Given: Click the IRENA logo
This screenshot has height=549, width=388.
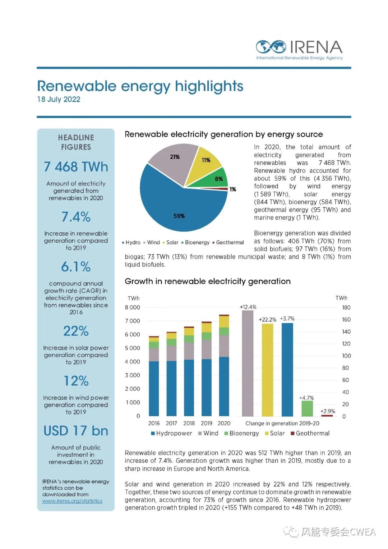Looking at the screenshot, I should pyautogui.click(x=299, y=50).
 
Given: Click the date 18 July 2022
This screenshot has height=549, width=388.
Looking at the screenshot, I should pyautogui.click(x=59, y=100).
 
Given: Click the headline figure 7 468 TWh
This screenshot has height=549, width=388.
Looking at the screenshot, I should pyautogui.click(x=76, y=167).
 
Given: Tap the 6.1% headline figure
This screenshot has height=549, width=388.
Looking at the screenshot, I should pyautogui.click(x=76, y=267).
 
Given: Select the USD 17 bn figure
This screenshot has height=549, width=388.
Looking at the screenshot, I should pyautogui.click(x=76, y=431).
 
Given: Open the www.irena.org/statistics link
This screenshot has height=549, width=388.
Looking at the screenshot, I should pyautogui.click(x=72, y=501).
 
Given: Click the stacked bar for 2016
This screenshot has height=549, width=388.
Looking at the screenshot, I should pyautogui.click(x=154, y=378).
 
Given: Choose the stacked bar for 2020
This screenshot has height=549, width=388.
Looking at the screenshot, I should pyautogui.click(x=224, y=367).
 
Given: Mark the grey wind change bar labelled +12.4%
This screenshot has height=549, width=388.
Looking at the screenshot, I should pyautogui.click(x=248, y=363).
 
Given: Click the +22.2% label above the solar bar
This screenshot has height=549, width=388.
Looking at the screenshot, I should pyautogui.click(x=267, y=319).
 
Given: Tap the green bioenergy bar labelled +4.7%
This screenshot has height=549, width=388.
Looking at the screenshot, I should pyautogui.click(x=307, y=408).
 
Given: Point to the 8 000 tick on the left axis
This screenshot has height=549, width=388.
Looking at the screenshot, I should pyautogui.click(x=133, y=307).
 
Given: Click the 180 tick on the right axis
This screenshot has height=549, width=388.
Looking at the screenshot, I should pyautogui.click(x=346, y=307).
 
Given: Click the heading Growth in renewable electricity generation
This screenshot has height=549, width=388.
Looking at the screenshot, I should pyautogui.click(x=208, y=282).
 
